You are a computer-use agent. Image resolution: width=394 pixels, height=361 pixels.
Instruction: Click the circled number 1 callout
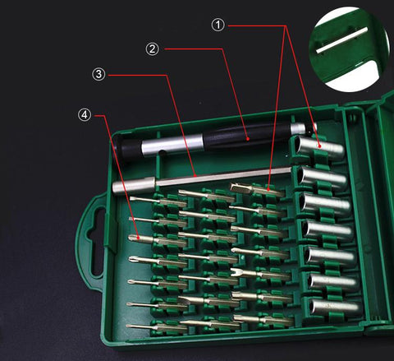click(218, 25)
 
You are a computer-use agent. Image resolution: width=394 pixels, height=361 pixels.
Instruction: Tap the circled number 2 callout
click(152, 49)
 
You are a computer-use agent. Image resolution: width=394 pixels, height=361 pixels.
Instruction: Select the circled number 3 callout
click(98, 75)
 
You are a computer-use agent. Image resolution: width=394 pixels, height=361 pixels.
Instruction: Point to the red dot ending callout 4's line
click(140, 238)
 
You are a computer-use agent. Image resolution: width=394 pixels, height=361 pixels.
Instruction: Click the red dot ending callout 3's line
click(192, 174)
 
